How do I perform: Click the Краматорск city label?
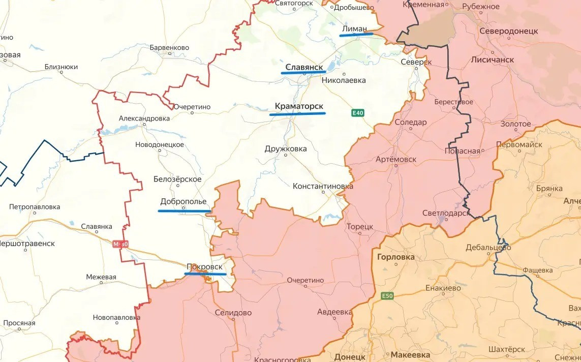coord(299,106)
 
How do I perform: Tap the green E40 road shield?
coord(358,113)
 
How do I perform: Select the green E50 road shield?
coord(386,295)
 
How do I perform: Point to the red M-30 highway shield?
coord(121,245)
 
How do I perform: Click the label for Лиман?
coord(354,29)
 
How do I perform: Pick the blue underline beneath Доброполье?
coord(185,210)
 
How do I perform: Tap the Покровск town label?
coord(204,266)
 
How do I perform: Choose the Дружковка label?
coord(286,149)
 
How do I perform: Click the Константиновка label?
coord(323,186)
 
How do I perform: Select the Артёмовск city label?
coord(395,159)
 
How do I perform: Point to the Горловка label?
coord(396,257)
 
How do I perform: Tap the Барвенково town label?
coord(169,47)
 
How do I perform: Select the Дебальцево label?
coord(488,248)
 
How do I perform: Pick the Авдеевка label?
coord(334,311)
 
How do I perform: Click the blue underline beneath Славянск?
coord(303,73)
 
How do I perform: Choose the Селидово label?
coord(233,313)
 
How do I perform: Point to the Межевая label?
coord(101,277)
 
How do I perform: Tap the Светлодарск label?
coord(446,213)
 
